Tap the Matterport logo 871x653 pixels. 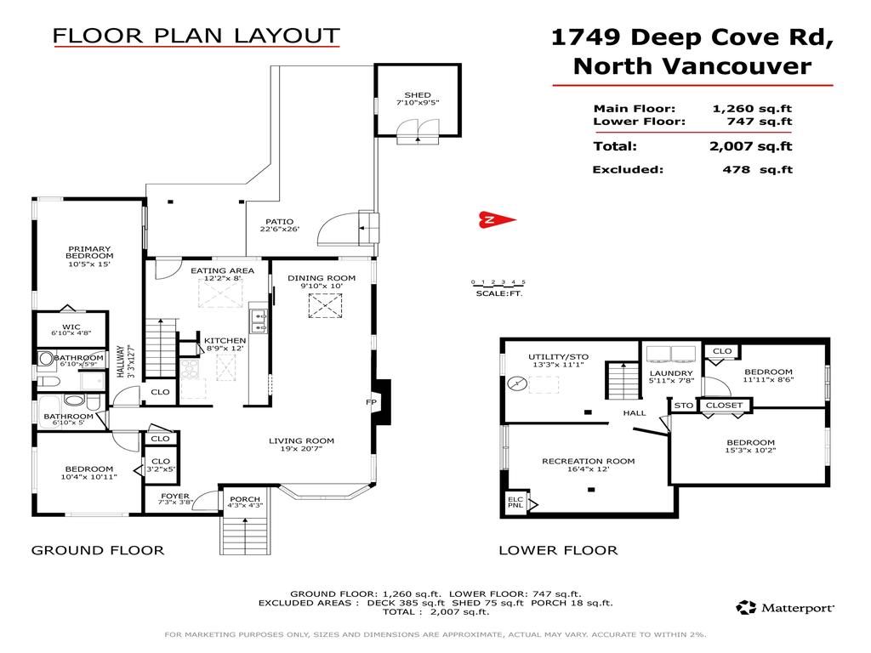pyautogui.click(x=785, y=607)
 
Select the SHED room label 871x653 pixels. pyautogui.click(x=417, y=95)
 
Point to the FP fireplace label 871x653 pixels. pyautogui.click(x=371, y=402)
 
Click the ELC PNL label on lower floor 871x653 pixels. pyautogui.click(x=515, y=503)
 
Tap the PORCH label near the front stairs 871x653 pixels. pyautogui.click(x=246, y=500)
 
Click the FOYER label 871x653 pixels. pyautogui.click(x=175, y=497)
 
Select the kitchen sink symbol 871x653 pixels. pyautogui.click(x=259, y=321)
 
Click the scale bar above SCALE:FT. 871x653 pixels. pyautogui.click(x=498, y=282)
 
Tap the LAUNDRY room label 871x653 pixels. pyautogui.click(x=671, y=373)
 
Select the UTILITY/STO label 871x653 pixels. pyautogui.click(x=558, y=357)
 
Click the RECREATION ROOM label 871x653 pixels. pyautogui.click(x=588, y=462)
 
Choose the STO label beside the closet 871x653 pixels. pyautogui.click(x=684, y=406)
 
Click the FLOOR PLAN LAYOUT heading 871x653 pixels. pyautogui.click(x=196, y=36)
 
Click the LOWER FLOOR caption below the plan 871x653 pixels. pyautogui.click(x=558, y=550)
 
